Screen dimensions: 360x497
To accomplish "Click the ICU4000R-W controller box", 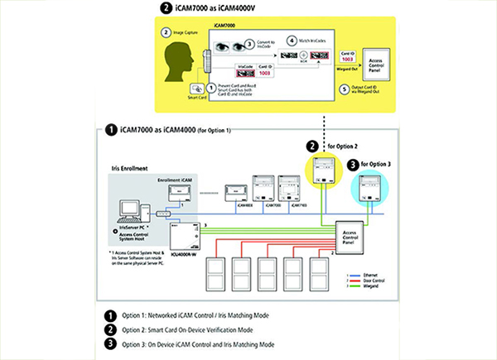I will pyautogui.click(x=181, y=231).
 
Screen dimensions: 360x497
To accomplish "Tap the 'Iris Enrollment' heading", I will pyautogui.click(x=133, y=168).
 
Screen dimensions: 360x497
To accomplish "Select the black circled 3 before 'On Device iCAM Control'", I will pyautogui.click(x=109, y=343).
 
